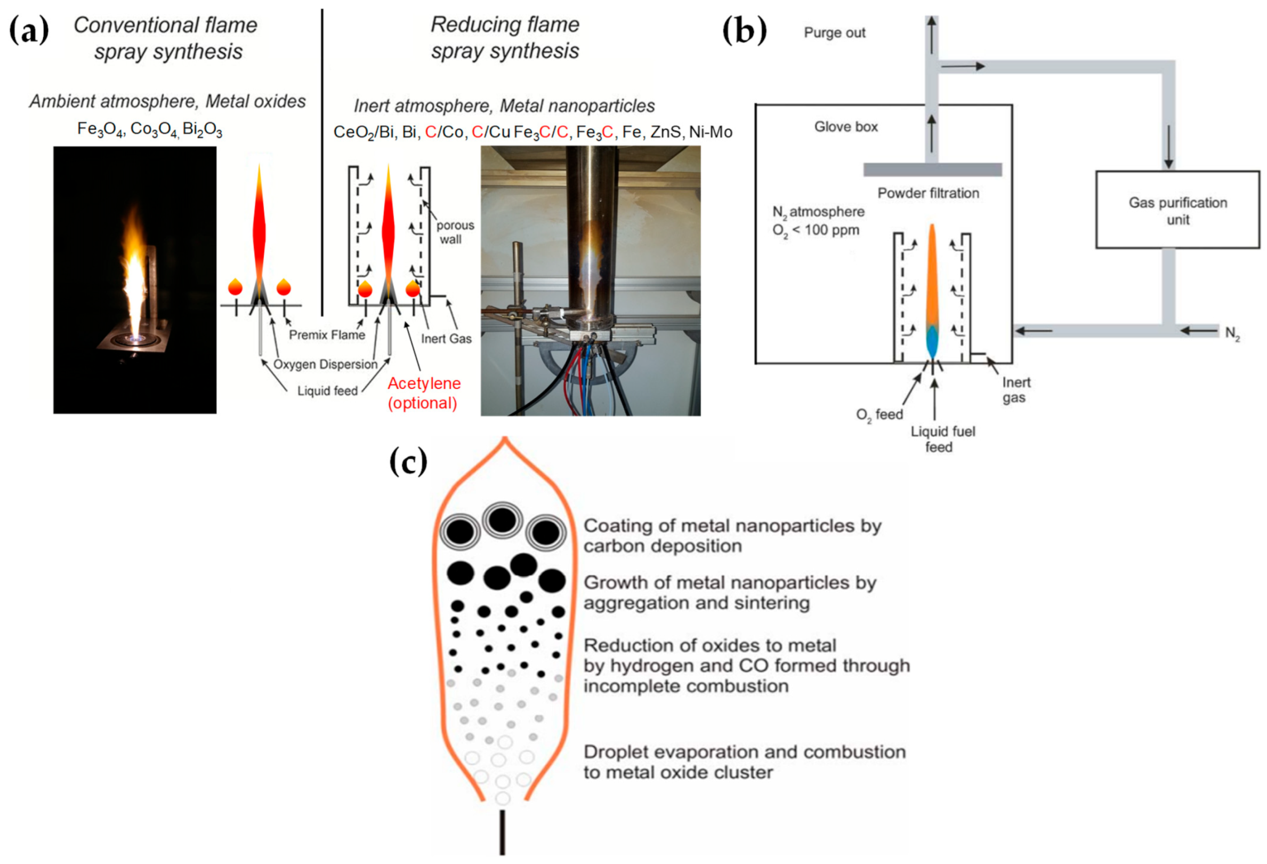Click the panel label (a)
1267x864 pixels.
pyautogui.click(x=28, y=30)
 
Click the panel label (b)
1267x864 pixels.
pyautogui.click(x=744, y=30)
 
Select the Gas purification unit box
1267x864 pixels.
pyautogui.click(x=1177, y=210)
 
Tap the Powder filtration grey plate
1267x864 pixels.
pyautogui.click(x=932, y=170)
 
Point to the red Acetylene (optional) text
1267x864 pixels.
pyautogui.click(x=424, y=393)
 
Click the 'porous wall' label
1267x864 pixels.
pyautogui.click(x=454, y=233)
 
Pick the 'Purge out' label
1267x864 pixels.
pyautogui.click(x=834, y=33)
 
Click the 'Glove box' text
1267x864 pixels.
pyautogui.click(x=845, y=126)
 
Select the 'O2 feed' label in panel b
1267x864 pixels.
pyautogui.click(x=879, y=415)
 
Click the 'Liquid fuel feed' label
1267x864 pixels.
pyautogui.click(x=942, y=439)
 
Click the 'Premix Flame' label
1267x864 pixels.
pyautogui.click(x=327, y=335)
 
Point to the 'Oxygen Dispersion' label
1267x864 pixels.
pyautogui.click(x=325, y=364)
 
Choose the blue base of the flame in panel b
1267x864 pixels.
pyautogui.click(x=932, y=341)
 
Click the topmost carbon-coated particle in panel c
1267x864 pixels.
pyautogui.click(x=503, y=519)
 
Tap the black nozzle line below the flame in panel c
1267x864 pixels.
pyautogui.click(x=502, y=833)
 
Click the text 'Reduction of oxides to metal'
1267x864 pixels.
pyautogui.click(x=709, y=646)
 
